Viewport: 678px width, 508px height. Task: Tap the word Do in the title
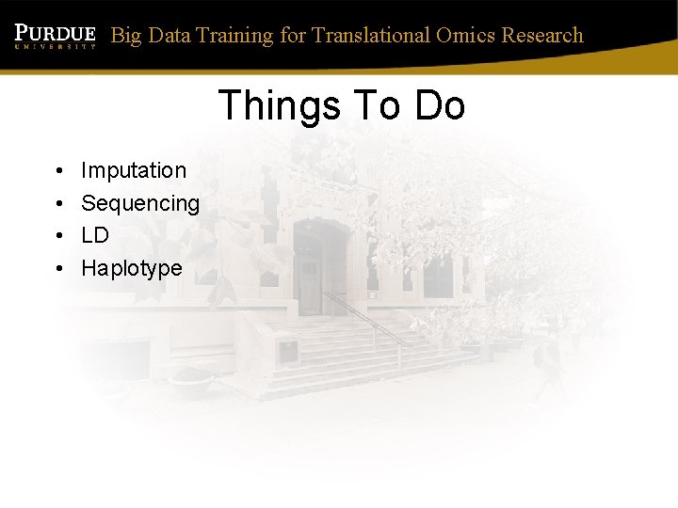[x=439, y=105]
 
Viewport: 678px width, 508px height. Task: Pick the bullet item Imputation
[x=134, y=170]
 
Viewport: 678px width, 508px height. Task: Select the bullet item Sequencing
[x=140, y=203]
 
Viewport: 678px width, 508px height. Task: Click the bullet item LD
[x=95, y=235]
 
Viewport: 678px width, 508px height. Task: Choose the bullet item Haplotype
[x=132, y=268]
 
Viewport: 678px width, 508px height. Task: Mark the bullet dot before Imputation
[x=58, y=171]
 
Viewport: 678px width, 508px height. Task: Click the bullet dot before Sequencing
[x=58, y=204]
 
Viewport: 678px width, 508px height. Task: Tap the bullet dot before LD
[x=58, y=236]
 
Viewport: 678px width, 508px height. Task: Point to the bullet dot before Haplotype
[x=58, y=269]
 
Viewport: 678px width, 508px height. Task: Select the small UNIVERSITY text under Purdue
[x=55, y=44]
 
